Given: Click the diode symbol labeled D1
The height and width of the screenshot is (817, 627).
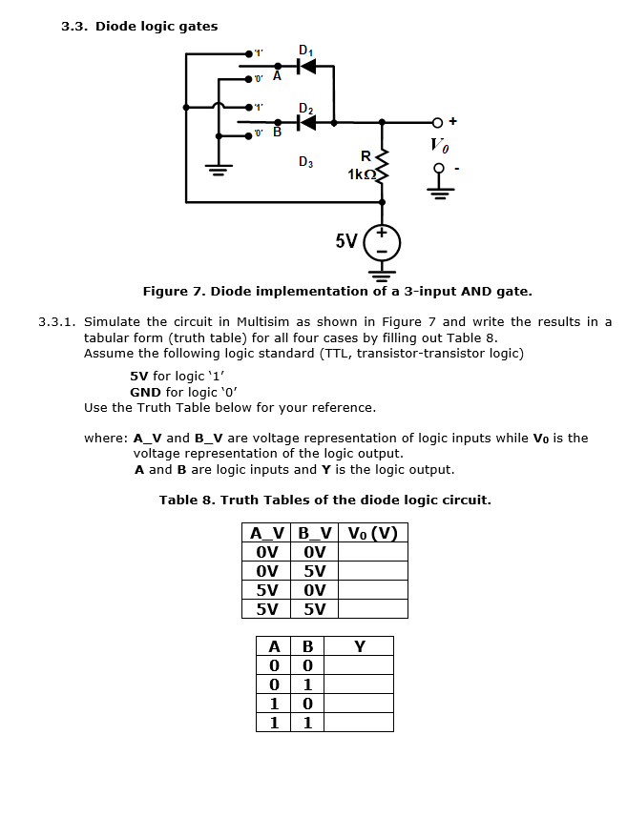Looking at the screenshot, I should (x=305, y=67).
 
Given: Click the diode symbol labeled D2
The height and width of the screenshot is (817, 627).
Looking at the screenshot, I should (x=306, y=122).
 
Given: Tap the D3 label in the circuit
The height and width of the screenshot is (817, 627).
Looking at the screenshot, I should (x=304, y=161).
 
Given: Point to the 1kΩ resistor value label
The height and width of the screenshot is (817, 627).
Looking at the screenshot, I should (x=363, y=174).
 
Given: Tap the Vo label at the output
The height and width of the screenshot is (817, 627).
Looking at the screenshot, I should (x=439, y=146).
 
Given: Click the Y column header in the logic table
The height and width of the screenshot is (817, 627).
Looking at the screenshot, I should (x=359, y=646).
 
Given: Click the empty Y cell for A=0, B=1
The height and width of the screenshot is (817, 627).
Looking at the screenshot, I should (x=359, y=684).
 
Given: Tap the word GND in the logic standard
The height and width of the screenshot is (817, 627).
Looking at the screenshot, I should (x=145, y=392).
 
